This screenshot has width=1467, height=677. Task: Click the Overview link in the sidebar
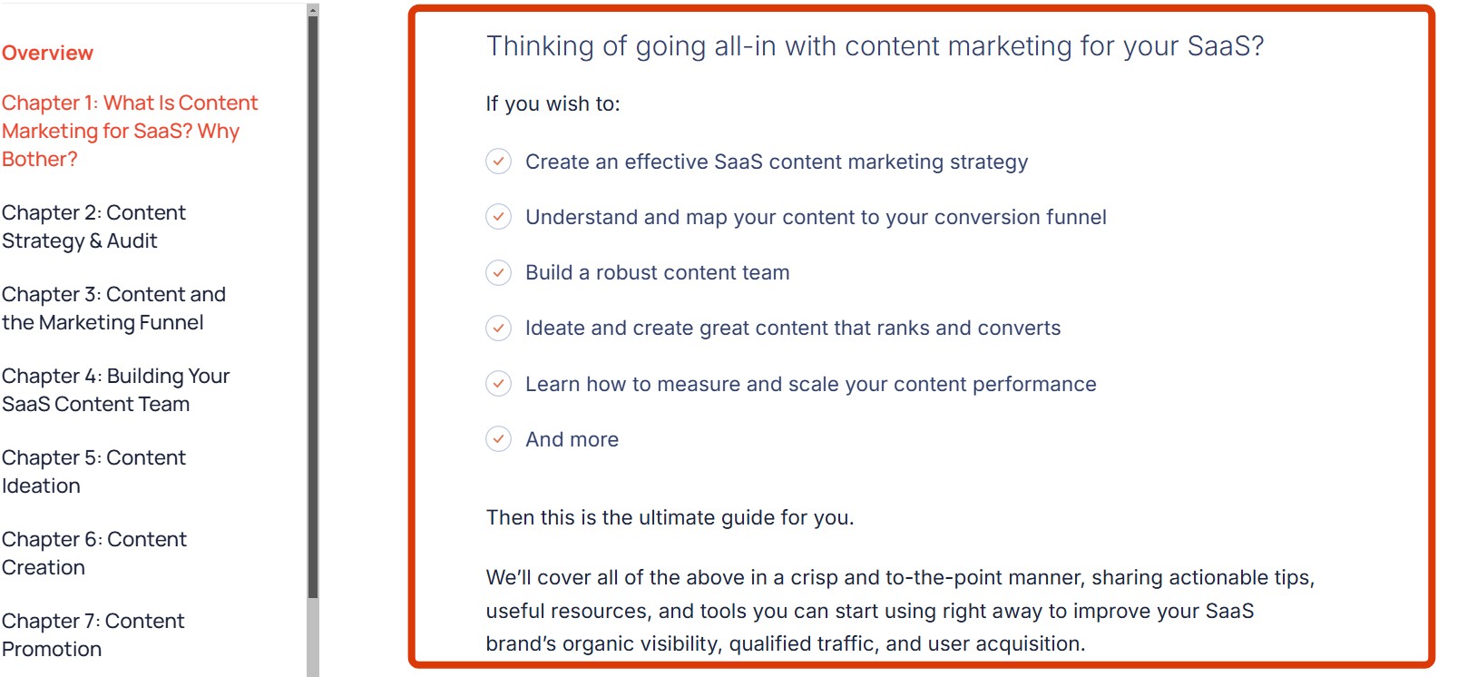(x=47, y=53)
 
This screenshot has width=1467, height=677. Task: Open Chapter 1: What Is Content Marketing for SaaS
(x=130, y=131)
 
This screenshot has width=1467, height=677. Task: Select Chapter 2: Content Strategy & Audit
(x=93, y=226)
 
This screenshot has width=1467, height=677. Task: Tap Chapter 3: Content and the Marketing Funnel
(x=113, y=308)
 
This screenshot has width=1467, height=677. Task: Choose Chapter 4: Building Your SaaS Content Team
(x=115, y=389)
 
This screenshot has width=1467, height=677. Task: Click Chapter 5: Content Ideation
(x=93, y=471)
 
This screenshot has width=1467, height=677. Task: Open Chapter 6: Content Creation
(x=93, y=553)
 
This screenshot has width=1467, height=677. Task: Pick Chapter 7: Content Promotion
(x=93, y=634)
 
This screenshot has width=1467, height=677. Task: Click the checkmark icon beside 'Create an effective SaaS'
(x=498, y=162)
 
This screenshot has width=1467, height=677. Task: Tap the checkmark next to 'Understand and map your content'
(x=498, y=217)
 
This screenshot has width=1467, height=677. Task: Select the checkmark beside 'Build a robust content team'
(x=498, y=272)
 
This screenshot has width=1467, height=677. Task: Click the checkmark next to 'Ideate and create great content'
(x=498, y=328)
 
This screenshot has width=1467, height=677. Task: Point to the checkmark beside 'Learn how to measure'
(x=498, y=383)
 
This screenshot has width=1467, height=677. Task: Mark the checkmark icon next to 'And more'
(x=498, y=439)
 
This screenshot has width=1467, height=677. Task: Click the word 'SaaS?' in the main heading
(x=1226, y=46)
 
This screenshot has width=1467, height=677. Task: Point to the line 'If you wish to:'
(x=553, y=103)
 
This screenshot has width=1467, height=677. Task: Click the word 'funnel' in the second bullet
(x=1076, y=217)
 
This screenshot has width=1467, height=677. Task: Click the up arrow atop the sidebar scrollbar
(x=313, y=11)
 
